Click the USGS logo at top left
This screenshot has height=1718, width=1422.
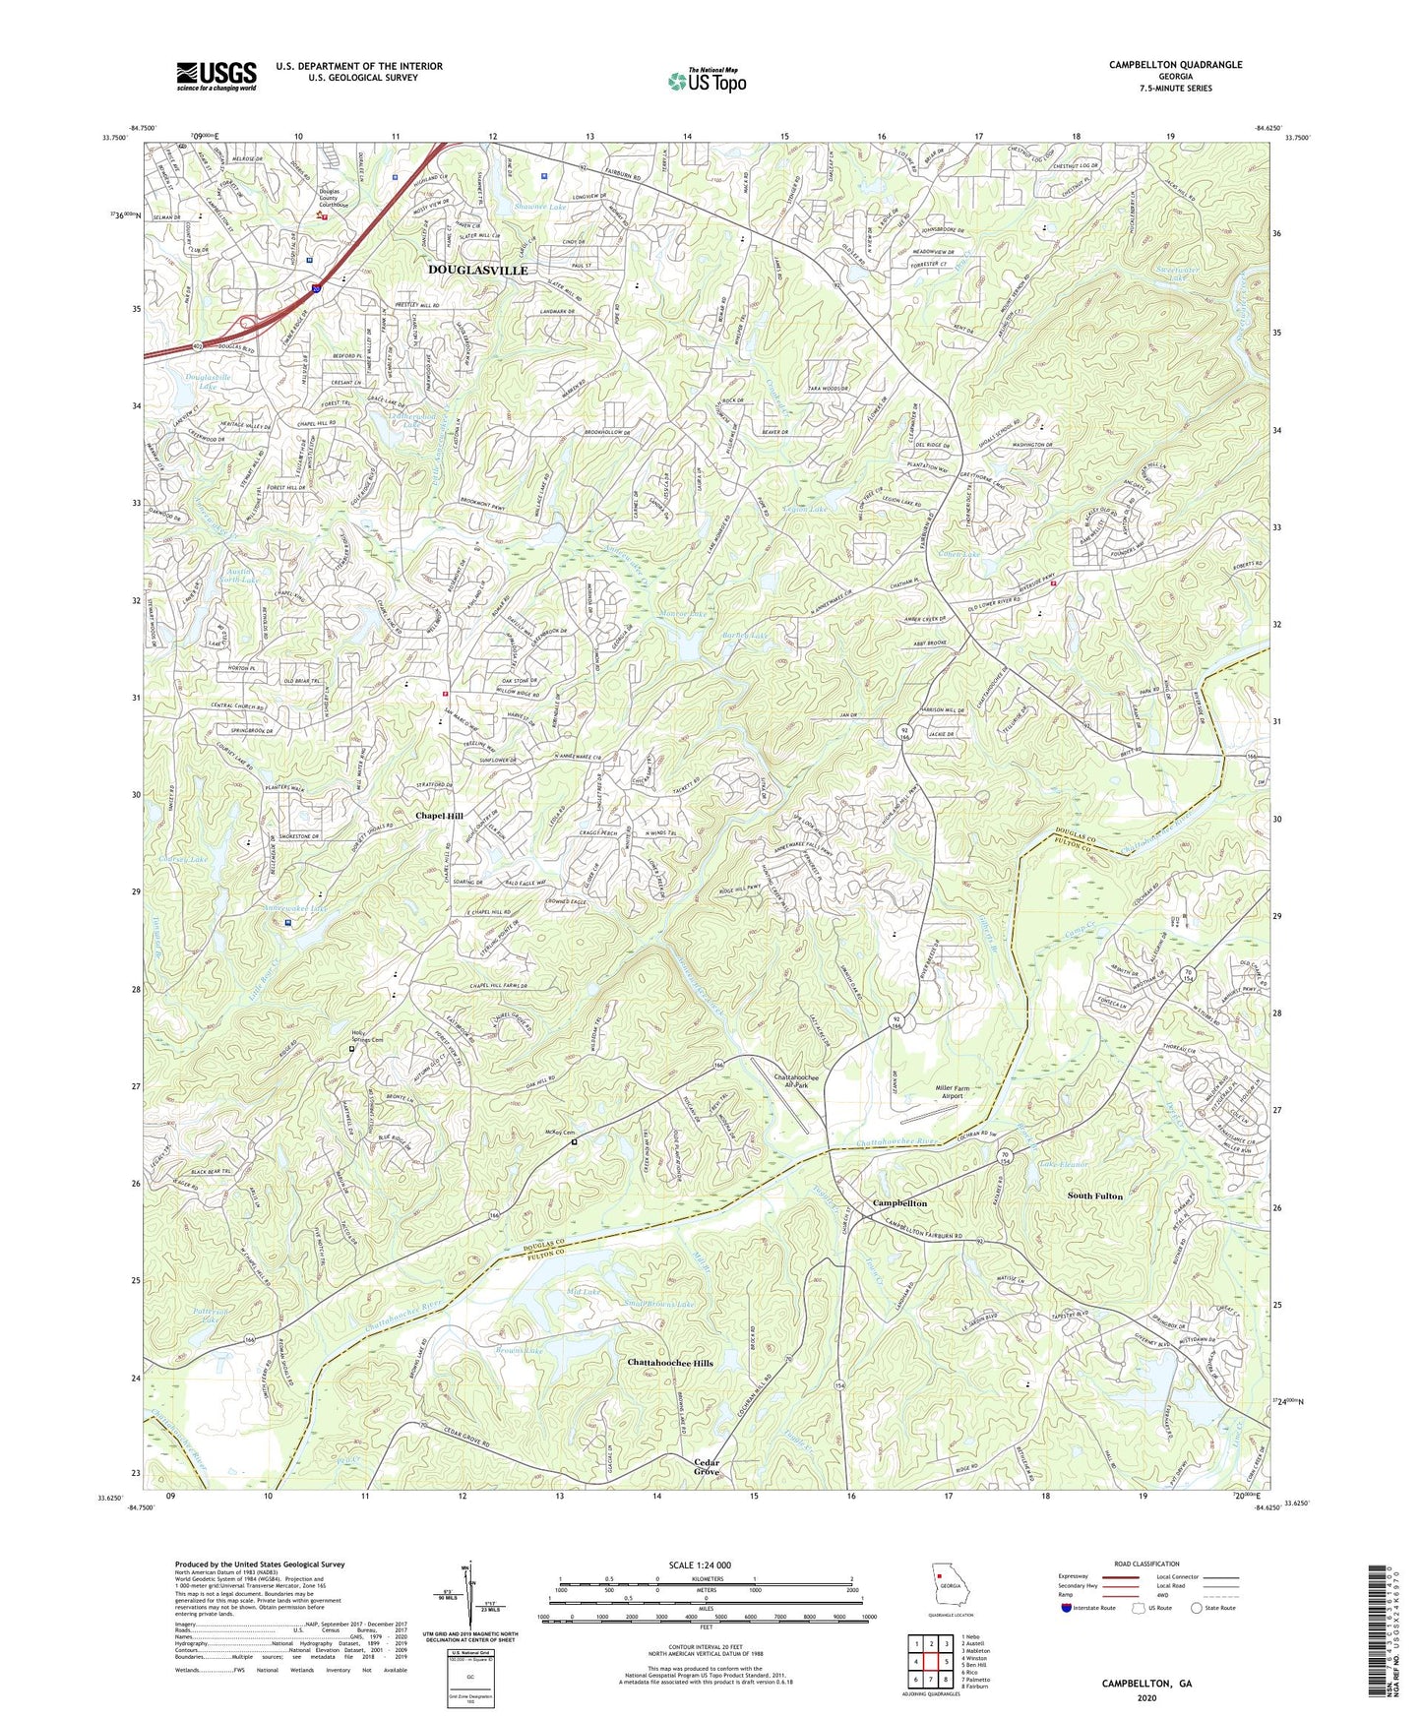(216, 75)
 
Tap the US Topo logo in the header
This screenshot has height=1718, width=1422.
(707, 81)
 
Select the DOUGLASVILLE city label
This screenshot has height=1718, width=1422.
(478, 270)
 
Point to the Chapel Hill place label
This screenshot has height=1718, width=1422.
(439, 817)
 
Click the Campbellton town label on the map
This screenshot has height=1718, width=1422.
(900, 1203)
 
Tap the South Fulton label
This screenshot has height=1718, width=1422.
(1094, 1196)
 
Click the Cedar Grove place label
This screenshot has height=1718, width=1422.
(707, 1467)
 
